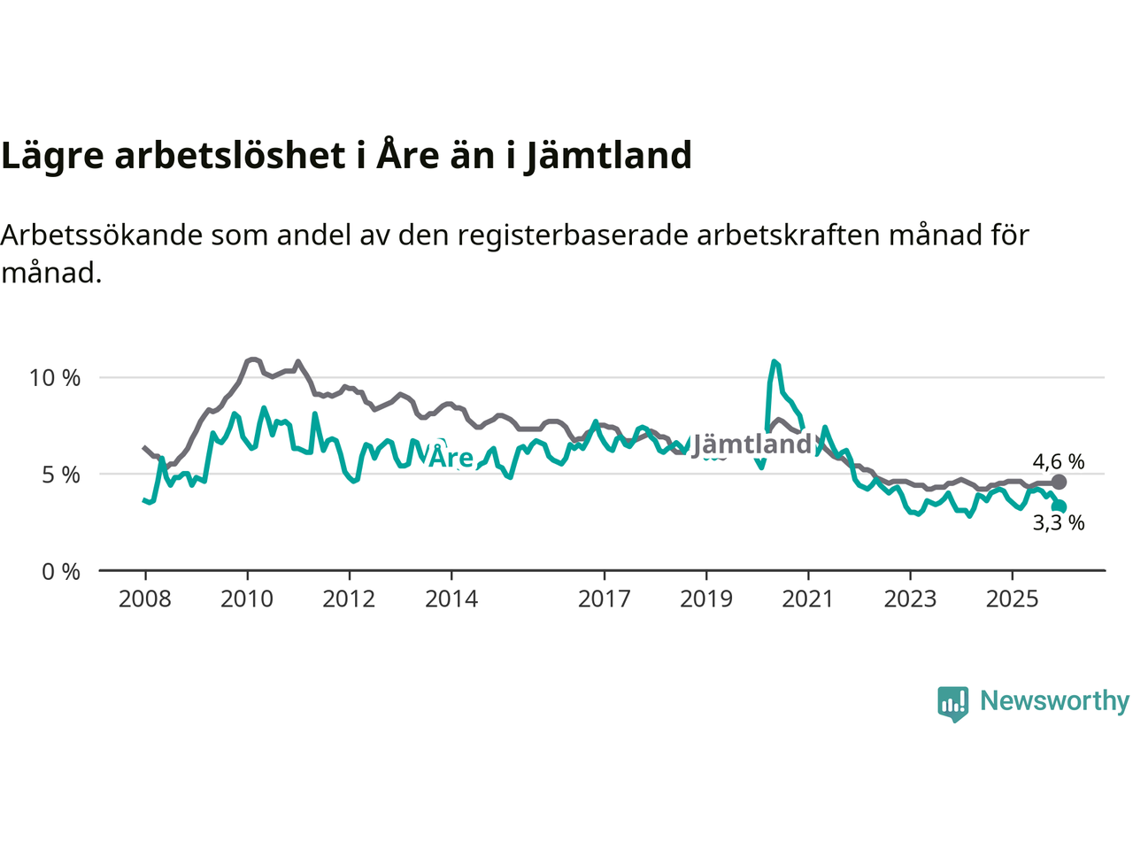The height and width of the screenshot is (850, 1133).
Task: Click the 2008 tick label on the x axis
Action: pos(145,599)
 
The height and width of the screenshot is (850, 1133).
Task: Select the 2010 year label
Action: pos(247,599)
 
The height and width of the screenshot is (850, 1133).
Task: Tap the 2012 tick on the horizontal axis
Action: pos(349,599)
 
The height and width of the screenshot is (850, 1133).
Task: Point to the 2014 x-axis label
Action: pos(451,599)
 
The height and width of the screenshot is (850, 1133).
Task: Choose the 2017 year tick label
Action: pos(605,599)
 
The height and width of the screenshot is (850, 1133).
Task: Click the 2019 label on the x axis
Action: pos(706,599)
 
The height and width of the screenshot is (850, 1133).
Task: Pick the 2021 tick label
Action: pos(808,599)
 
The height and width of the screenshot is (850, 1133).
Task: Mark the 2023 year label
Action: pos(910,599)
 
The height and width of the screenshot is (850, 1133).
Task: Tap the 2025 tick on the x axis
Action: pos(1013,599)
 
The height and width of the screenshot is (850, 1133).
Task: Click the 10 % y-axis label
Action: pos(55,378)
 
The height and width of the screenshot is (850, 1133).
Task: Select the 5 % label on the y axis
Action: pos(61,475)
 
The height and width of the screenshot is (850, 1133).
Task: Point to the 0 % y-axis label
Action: pos(61,572)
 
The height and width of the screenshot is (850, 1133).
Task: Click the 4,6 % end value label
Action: pos(1059,461)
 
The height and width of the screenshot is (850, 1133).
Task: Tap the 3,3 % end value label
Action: pos(1059,523)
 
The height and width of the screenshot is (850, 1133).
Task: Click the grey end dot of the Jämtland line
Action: pos(1059,483)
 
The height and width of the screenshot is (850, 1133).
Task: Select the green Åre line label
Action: pos(451,457)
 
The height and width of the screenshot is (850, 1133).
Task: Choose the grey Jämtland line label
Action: pos(752,444)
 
